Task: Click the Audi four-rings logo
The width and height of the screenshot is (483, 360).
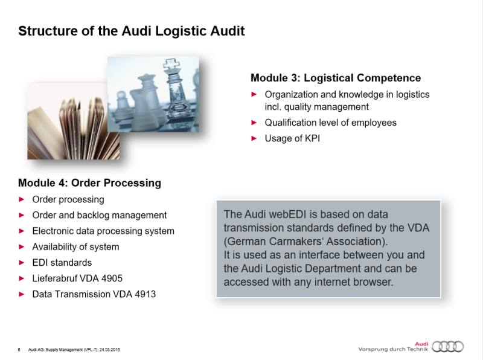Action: click(x=449, y=346)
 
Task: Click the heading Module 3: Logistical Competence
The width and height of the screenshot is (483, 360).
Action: click(x=336, y=78)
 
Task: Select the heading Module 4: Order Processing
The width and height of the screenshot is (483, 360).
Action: click(x=89, y=182)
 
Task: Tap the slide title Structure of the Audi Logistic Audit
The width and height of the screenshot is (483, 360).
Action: click(x=132, y=31)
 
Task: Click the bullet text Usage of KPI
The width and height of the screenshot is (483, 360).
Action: click(x=292, y=138)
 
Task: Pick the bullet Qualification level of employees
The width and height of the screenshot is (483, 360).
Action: click(x=330, y=123)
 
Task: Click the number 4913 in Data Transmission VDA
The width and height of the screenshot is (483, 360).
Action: click(x=145, y=294)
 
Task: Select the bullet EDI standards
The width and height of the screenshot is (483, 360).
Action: click(x=62, y=263)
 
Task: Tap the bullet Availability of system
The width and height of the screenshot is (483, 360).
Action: click(x=75, y=246)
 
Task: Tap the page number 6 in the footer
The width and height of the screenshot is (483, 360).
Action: click(x=19, y=350)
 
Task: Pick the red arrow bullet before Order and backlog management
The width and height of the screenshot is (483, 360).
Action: click(x=22, y=215)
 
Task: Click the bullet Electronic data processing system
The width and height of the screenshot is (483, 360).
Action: click(x=103, y=231)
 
